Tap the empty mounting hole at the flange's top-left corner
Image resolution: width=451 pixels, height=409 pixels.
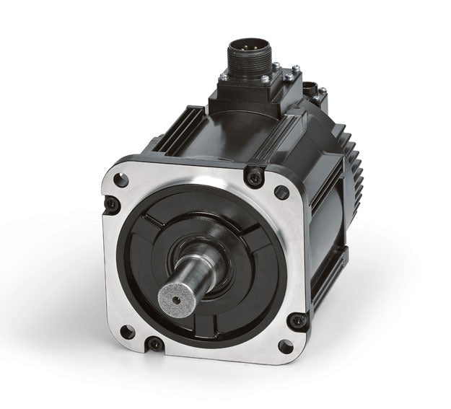point(122,180)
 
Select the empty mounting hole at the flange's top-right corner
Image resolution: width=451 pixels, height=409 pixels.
point(281,191)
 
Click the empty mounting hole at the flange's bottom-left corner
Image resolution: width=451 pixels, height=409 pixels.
point(127,331)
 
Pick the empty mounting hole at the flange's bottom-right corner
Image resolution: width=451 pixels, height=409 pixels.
point(286,346)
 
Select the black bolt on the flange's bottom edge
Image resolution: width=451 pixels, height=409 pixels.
point(154,344)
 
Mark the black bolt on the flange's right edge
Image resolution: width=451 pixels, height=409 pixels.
point(297,319)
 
